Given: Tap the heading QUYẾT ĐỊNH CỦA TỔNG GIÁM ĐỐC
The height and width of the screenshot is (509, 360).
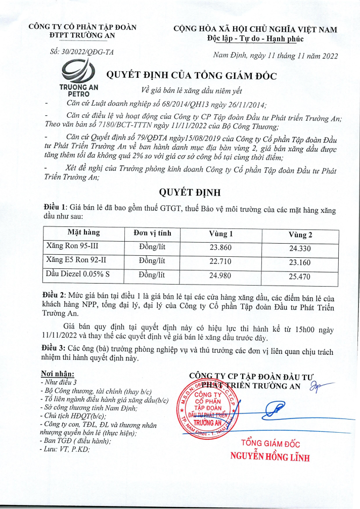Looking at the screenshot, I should pyautogui.click(x=191, y=76).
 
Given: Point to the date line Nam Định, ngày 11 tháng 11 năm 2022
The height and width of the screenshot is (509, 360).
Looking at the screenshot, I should pyautogui.click(x=276, y=56).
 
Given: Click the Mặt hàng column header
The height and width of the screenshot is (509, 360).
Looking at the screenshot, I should pyautogui.click(x=83, y=233).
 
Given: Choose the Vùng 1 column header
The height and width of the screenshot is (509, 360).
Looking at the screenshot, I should pyautogui.click(x=221, y=234).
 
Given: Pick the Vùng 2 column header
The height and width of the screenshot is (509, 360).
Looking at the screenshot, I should pyautogui.click(x=300, y=235).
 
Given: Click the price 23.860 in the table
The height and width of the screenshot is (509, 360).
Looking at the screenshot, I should pyautogui.click(x=221, y=248).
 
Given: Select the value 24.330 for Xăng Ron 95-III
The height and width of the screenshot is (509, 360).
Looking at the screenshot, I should pyautogui.click(x=300, y=249).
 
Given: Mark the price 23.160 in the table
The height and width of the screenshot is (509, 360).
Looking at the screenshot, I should pyautogui.click(x=300, y=263).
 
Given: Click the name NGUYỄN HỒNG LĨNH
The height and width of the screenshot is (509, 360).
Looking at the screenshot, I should pyautogui.click(x=269, y=457).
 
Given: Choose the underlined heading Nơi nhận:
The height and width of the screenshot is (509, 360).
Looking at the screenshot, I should pyautogui.click(x=57, y=374).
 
